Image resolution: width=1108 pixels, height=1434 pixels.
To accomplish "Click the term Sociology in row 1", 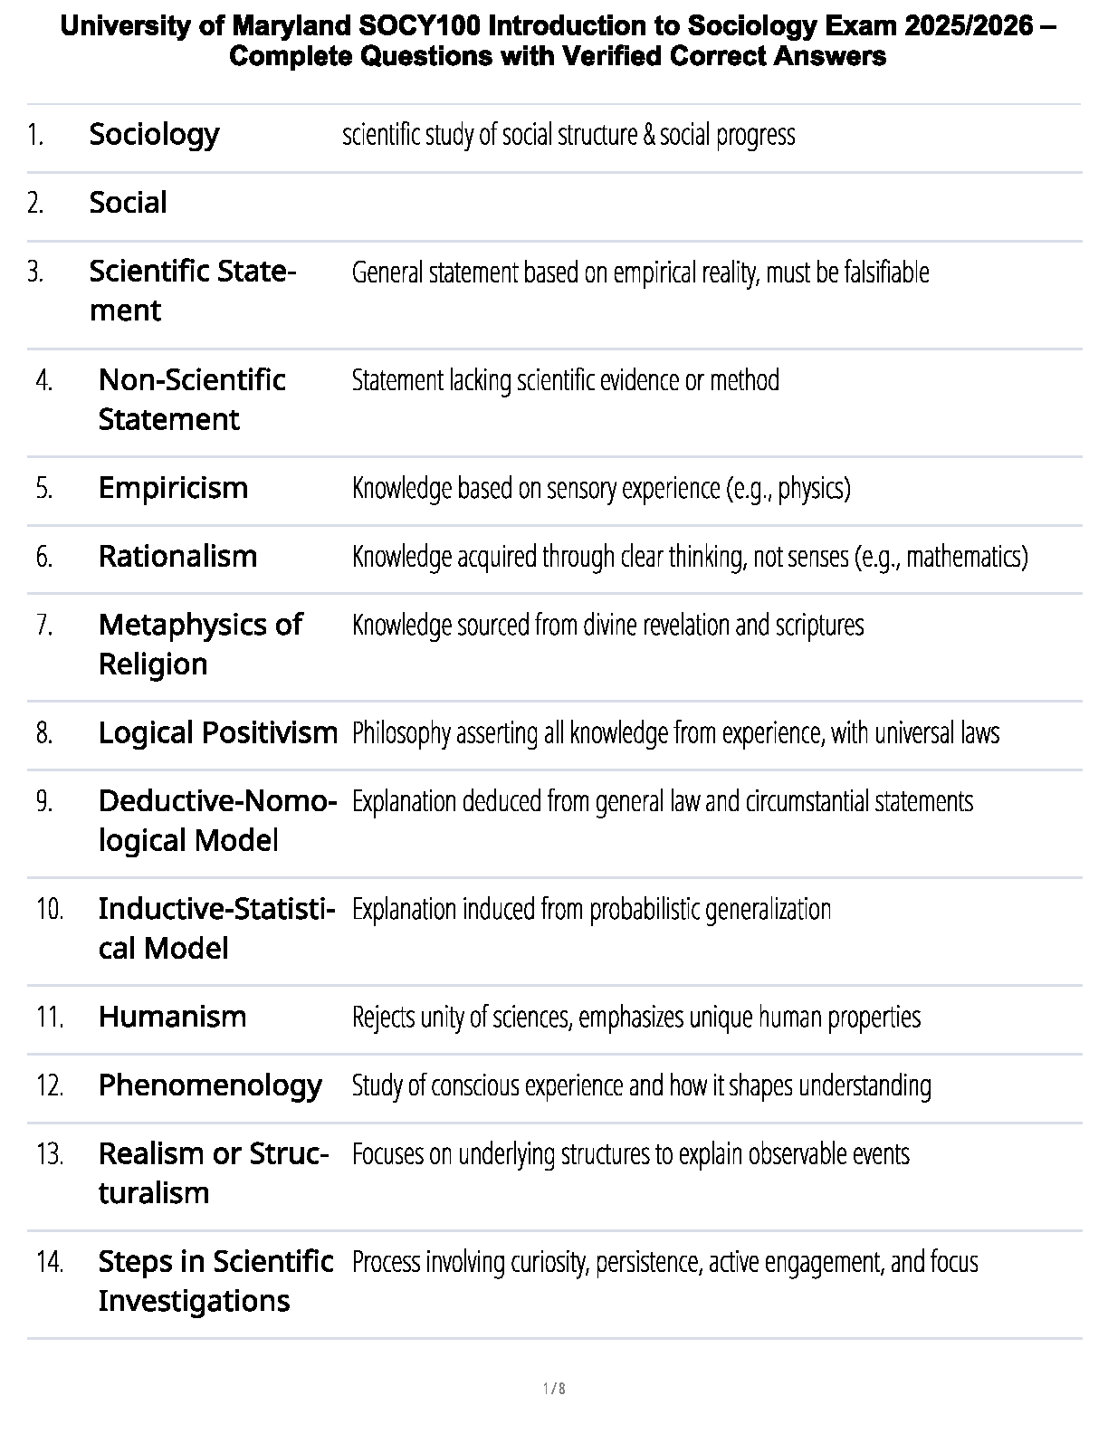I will [x=154, y=134].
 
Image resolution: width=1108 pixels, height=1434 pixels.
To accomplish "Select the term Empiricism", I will [x=173, y=488].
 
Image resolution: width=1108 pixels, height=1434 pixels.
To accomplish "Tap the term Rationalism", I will [x=177, y=556].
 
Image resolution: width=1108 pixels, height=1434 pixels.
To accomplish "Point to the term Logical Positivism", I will [x=217, y=732].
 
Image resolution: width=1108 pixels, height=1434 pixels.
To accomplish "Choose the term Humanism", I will [x=172, y=1017].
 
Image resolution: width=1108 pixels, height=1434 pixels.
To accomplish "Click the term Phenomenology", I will [x=210, y=1085].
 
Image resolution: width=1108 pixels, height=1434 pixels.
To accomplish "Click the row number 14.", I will [x=50, y=1261].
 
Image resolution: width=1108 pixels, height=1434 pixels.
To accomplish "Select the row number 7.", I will [x=45, y=625].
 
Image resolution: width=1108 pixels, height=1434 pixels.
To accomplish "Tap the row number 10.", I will [x=50, y=909].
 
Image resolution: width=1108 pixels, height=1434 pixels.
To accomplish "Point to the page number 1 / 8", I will [x=554, y=1389].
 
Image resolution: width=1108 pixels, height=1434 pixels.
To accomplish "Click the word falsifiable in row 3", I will [x=885, y=272].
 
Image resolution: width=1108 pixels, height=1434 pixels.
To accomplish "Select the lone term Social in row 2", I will [x=128, y=203].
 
